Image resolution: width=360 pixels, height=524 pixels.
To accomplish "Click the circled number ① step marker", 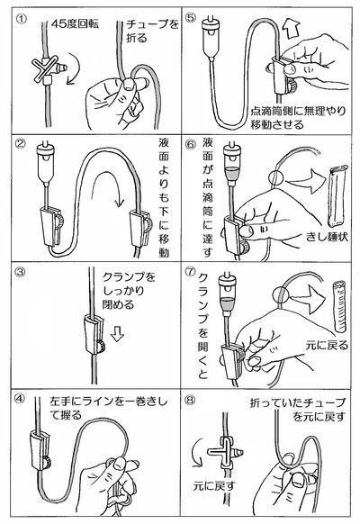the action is (21, 19).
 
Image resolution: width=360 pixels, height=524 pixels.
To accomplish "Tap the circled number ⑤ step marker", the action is (190, 17).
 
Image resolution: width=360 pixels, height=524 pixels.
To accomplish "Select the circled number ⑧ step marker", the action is (190, 400).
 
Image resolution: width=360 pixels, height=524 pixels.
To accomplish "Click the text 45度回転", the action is (75, 23).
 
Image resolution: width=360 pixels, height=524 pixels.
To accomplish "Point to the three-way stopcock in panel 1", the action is (49, 69).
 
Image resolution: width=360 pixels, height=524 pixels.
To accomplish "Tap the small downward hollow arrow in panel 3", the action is (116, 333).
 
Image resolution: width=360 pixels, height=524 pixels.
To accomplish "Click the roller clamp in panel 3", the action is (94, 336).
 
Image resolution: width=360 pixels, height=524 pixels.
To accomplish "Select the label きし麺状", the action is (327, 237).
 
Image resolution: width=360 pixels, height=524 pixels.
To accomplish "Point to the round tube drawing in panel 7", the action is (339, 306).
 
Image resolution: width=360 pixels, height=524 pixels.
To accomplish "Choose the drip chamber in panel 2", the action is (46, 162).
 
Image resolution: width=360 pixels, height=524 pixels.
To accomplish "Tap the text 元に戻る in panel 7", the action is (327, 345).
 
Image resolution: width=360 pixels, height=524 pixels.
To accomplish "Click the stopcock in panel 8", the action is (226, 453).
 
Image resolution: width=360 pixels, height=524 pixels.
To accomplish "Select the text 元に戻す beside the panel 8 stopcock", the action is (214, 485).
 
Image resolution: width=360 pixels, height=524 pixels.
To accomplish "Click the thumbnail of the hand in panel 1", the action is (129, 83).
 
